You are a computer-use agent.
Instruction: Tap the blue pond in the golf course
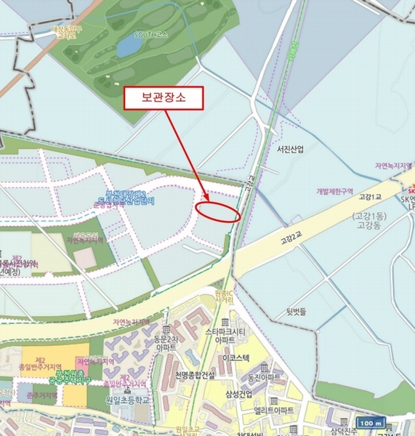[129, 46]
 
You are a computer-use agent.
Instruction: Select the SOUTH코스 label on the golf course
[151, 33]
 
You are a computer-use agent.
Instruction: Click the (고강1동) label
[371, 217]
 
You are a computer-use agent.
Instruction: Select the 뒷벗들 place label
[297, 310]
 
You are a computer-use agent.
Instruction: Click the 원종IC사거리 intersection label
[223, 296]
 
